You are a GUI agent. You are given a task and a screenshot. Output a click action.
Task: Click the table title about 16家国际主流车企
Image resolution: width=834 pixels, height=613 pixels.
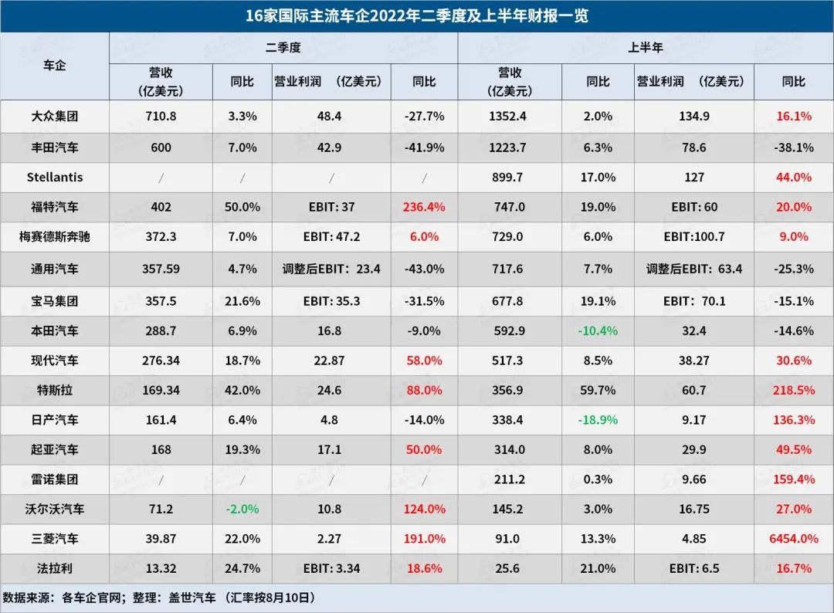point(417,15)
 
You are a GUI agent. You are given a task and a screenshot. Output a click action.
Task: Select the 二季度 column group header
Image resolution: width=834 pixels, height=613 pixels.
point(283,48)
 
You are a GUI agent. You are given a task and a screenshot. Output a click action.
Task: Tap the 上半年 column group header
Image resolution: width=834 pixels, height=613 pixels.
point(645,48)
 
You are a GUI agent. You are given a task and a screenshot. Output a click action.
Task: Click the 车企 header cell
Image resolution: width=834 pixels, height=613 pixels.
point(54,66)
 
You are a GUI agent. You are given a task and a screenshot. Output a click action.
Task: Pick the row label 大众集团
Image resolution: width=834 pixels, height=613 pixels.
point(54,117)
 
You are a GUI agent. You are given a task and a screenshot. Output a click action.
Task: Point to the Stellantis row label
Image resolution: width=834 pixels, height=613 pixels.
point(54,177)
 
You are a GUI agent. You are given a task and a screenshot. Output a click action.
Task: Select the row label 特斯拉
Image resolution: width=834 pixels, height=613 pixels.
point(54,390)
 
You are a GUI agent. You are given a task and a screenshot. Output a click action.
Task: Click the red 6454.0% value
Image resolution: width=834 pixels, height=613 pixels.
point(793,539)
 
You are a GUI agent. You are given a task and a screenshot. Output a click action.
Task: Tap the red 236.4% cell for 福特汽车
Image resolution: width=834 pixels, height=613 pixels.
point(424,207)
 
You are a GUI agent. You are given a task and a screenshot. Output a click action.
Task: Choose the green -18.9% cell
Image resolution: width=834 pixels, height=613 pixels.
point(598,420)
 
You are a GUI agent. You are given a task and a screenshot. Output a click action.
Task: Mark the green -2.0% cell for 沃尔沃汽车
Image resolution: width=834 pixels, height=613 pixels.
point(241,509)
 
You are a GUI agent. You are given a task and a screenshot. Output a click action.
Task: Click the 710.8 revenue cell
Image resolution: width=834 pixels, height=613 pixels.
point(161,117)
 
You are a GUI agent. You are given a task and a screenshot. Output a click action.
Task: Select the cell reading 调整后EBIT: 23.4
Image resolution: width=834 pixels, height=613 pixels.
point(331,269)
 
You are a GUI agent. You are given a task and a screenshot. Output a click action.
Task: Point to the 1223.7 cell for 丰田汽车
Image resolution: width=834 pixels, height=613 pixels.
point(509,147)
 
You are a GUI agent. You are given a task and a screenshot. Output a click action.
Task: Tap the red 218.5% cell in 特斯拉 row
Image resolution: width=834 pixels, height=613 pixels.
point(793,390)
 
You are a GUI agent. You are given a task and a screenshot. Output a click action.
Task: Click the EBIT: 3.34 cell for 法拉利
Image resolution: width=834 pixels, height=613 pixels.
point(331,569)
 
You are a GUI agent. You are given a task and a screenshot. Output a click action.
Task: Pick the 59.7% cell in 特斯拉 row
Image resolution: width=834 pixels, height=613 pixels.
point(598,390)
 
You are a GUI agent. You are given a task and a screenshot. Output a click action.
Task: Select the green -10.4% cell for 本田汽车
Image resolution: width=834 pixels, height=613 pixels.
point(598,330)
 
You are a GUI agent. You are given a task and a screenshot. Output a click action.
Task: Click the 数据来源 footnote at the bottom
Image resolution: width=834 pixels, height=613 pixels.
point(158,598)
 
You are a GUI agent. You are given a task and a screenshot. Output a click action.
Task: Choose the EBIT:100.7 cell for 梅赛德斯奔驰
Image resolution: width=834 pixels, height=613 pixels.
point(694,237)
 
